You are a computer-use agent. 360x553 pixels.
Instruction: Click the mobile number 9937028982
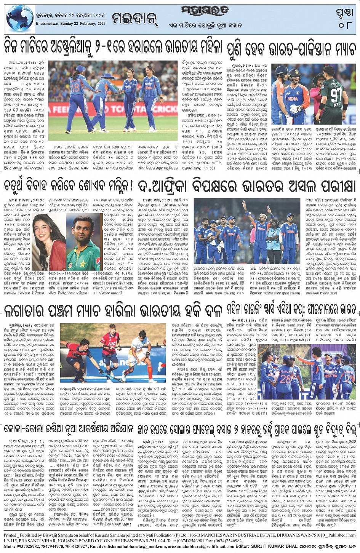click(29, 547)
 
